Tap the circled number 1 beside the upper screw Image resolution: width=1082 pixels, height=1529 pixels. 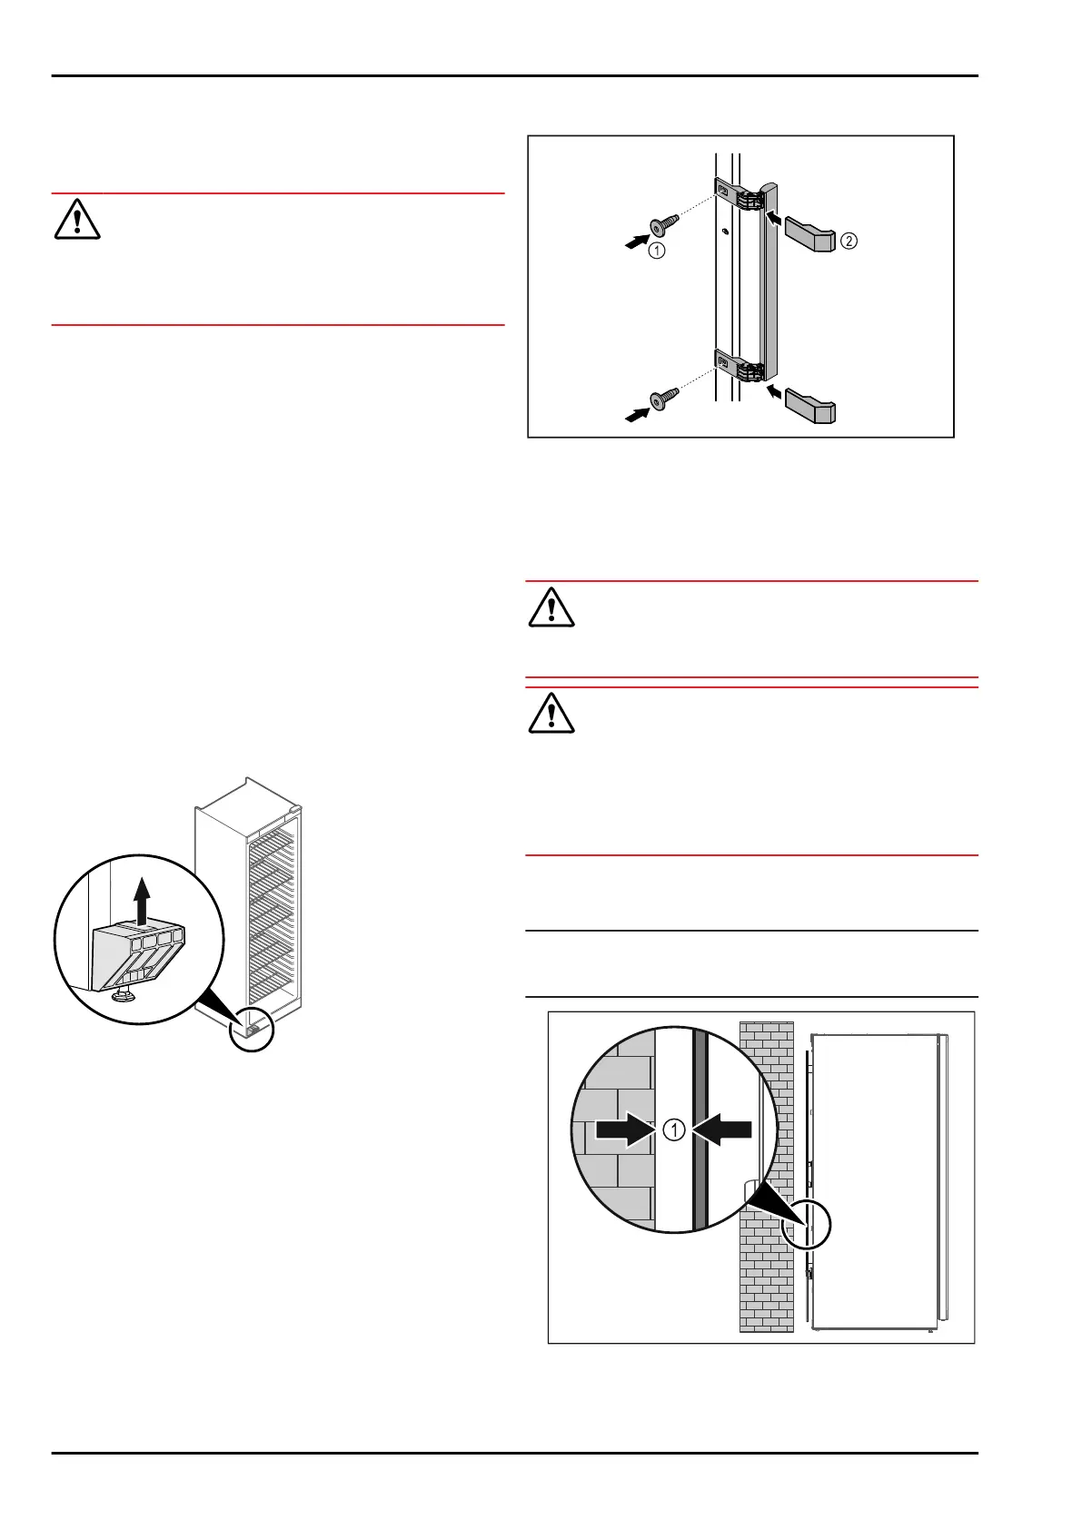pos(657,251)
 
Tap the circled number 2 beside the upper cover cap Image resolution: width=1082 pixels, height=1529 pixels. pos(849,241)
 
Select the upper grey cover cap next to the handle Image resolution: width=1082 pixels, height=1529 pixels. pos(809,233)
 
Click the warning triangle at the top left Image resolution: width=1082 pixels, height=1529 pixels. pos(77,220)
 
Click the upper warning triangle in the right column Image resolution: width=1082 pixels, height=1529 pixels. pos(551,607)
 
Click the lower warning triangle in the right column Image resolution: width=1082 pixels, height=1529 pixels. pos(551,714)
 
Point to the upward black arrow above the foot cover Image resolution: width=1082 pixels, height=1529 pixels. pos(142,899)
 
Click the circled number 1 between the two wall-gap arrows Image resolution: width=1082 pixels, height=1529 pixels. pos(673,1130)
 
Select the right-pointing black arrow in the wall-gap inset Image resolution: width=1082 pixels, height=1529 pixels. pos(625,1130)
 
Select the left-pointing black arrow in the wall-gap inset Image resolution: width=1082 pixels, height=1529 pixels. pos(723,1130)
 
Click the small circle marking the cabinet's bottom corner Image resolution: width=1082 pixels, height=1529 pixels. pos(251,1030)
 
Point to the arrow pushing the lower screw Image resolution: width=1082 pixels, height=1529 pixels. pos(638,414)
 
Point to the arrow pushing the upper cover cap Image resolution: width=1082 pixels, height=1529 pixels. pos(774,217)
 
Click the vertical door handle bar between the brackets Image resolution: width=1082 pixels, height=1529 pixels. pos(769,281)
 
